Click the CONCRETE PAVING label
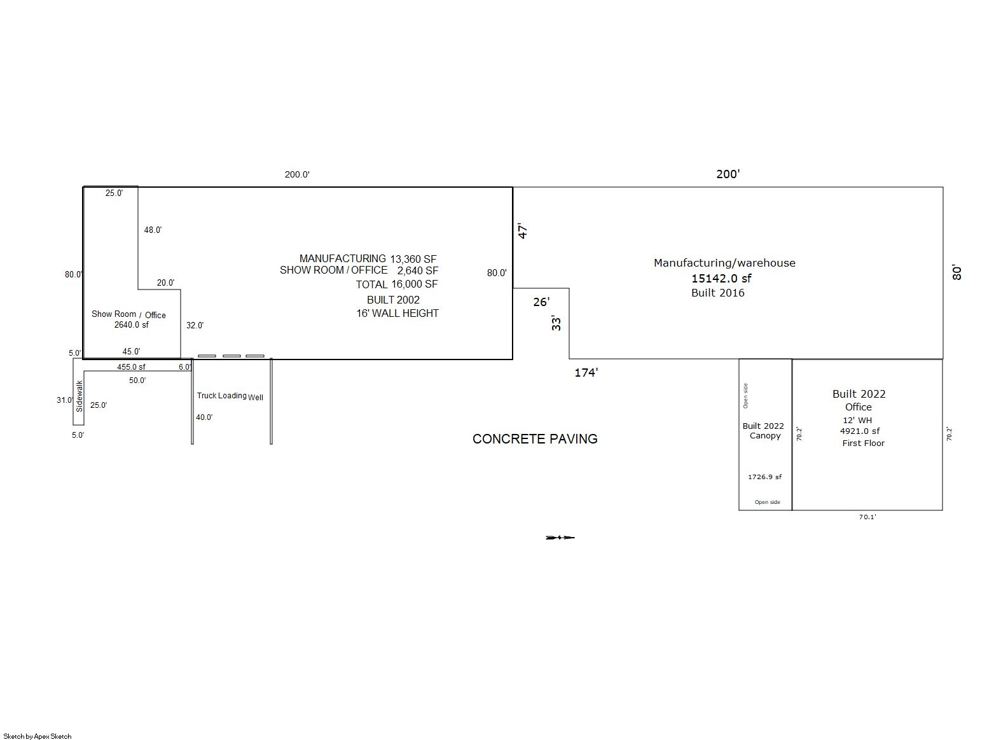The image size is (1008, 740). (535, 439)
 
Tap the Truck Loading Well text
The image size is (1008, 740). (230, 396)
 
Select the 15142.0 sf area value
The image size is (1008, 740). (721, 278)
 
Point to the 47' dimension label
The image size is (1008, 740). (522, 230)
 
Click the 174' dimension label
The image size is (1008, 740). (586, 372)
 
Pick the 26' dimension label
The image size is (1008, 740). (541, 302)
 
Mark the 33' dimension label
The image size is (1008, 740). (556, 323)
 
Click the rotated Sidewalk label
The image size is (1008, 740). (79, 396)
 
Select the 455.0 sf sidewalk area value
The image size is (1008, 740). (131, 367)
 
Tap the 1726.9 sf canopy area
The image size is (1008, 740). (764, 477)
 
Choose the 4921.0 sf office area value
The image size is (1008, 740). (859, 431)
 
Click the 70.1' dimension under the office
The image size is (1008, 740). (867, 517)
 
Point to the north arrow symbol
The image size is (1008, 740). (560, 538)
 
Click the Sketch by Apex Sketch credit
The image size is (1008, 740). (38, 736)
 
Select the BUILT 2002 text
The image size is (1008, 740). (393, 300)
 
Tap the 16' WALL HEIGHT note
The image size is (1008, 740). (397, 313)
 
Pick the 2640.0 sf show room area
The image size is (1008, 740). (131, 325)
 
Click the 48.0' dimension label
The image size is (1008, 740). (153, 230)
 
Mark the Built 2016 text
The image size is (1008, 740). (718, 293)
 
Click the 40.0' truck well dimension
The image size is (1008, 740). (204, 417)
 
